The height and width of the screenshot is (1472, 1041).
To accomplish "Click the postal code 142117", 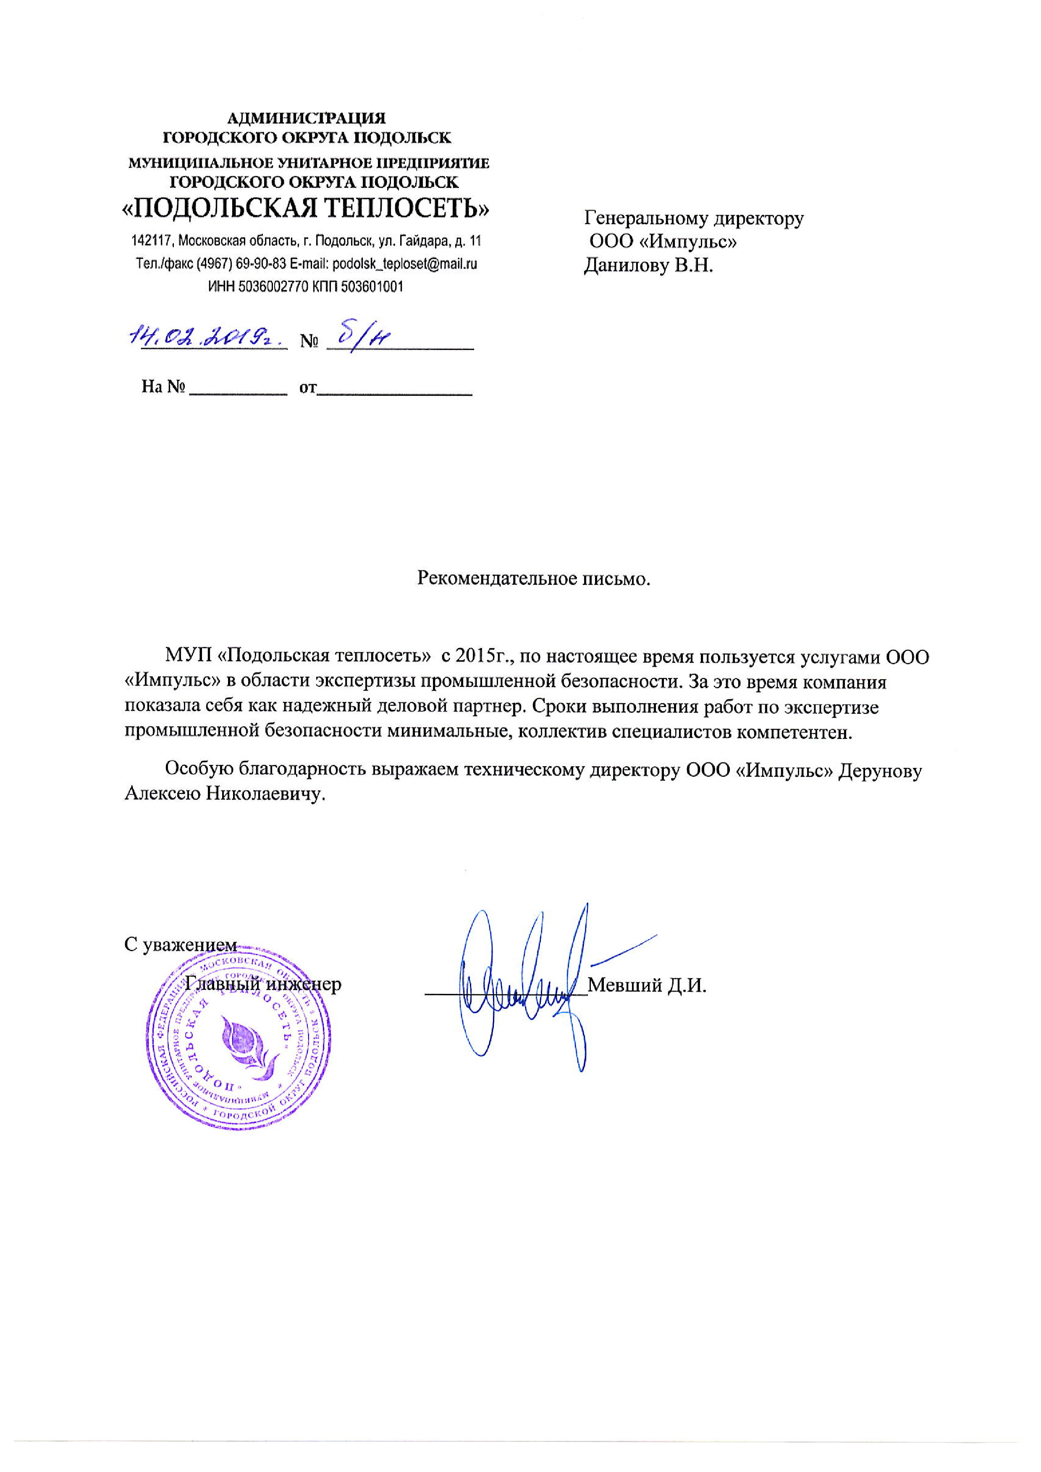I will pos(152,241).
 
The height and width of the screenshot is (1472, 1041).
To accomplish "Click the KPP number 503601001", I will pos(372,287).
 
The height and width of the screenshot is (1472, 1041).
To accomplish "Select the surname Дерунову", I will pos(881,770).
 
